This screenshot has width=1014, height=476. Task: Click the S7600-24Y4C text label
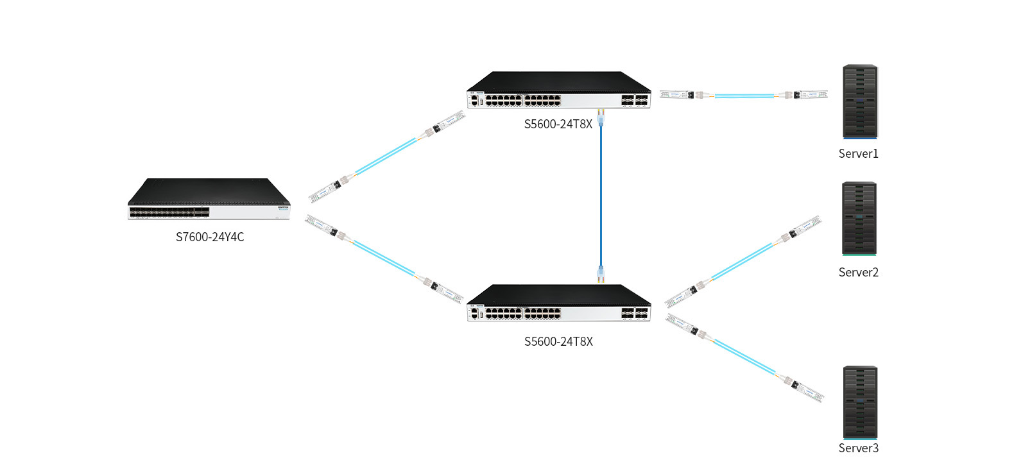click(210, 237)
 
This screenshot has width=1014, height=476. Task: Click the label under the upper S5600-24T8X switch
click(558, 124)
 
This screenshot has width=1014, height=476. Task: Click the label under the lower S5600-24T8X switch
click(558, 342)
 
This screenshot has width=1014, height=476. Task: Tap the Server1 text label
click(858, 154)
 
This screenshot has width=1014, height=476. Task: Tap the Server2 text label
click(858, 273)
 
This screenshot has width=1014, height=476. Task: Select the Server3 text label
click(858, 448)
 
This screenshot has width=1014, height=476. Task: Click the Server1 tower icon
click(860, 101)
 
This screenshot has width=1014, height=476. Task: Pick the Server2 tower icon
click(859, 219)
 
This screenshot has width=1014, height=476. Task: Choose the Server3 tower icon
click(860, 403)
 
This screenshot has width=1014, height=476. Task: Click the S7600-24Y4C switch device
click(209, 200)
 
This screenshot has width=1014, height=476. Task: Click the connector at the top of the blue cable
click(601, 117)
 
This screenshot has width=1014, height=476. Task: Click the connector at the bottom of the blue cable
click(601, 274)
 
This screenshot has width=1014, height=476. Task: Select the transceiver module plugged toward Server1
click(810, 95)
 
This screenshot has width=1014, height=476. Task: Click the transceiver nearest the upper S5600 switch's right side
click(676, 95)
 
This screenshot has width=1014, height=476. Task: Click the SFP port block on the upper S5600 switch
click(634, 100)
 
